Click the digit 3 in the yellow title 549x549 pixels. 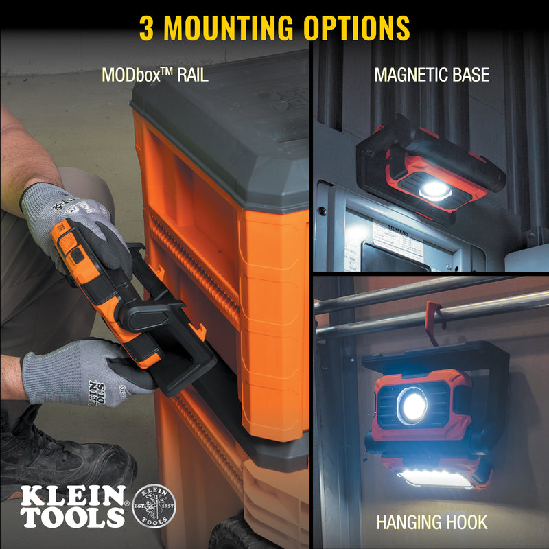[147, 27]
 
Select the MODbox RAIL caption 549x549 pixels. [154, 74]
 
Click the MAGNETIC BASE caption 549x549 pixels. [432, 74]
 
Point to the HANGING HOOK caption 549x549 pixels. [431, 522]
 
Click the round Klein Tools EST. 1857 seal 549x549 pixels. [153, 506]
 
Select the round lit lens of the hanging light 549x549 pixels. [412, 406]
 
